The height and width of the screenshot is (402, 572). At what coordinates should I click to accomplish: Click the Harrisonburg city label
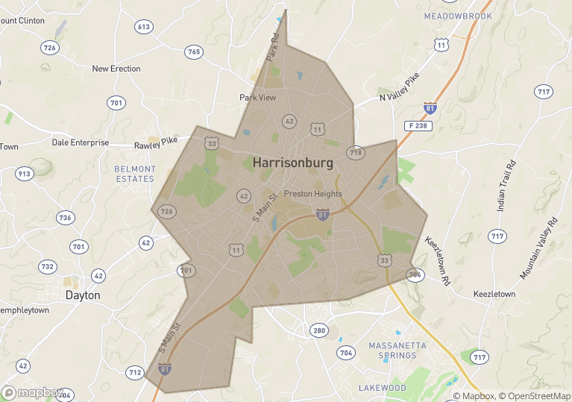[292, 162]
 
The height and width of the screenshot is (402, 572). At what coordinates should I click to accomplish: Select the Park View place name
[257, 98]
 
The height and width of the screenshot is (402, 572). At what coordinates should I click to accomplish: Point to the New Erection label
[116, 69]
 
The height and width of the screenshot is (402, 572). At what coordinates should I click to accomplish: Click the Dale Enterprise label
[80, 142]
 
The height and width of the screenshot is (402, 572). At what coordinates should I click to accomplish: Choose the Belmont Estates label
[134, 174]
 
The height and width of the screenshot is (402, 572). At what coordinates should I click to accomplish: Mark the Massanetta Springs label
[397, 351]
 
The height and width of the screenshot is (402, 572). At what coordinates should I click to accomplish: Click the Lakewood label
[382, 388]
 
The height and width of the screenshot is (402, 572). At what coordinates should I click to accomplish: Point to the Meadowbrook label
[458, 16]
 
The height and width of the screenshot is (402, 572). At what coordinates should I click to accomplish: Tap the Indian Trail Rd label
[506, 184]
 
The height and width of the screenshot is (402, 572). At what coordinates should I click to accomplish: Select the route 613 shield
[144, 27]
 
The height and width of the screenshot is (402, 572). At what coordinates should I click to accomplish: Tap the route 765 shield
[194, 51]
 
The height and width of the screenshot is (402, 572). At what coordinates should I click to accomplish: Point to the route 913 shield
[24, 174]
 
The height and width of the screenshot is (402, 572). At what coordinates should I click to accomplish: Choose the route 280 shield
[319, 330]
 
